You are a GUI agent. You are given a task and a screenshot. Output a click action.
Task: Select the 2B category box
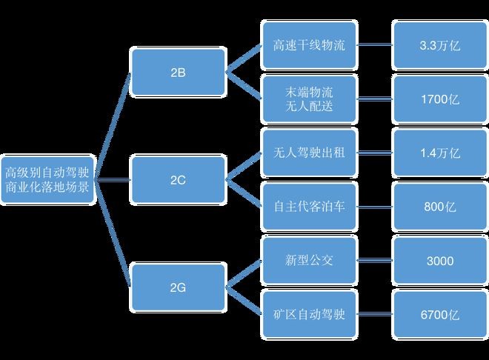[x=179, y=72]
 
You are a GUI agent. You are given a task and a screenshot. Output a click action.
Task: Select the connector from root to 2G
[x=113, y=231]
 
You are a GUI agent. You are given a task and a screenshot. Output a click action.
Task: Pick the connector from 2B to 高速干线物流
[x=245, y=58]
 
